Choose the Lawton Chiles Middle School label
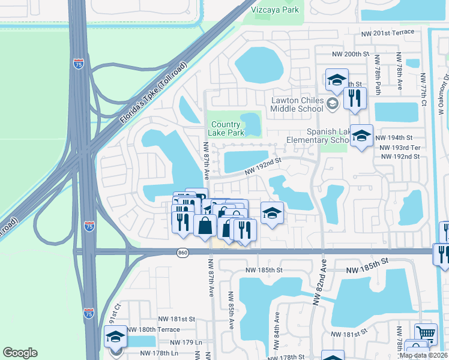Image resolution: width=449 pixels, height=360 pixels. (297, 104)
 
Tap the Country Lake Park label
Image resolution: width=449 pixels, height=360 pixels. (227, 128)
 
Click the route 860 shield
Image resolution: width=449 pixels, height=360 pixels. (182, 253)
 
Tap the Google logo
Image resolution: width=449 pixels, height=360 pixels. (20, 353)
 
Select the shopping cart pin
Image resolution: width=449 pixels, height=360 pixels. (426, 333)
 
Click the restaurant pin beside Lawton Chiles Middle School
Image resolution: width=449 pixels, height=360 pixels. (354, 97)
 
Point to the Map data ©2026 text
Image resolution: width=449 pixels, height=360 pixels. (423, 355)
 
